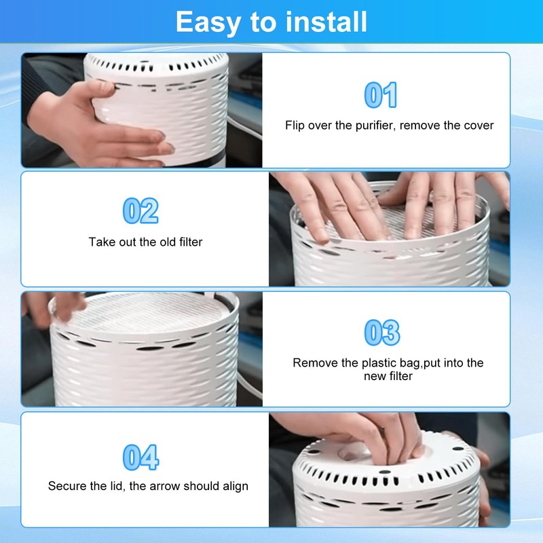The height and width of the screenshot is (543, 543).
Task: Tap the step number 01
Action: click(381, 95)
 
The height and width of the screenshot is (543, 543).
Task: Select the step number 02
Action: click(141, 211)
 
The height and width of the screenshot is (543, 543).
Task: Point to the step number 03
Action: click(382, 333)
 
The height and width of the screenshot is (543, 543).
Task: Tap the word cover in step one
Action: click(479, 126)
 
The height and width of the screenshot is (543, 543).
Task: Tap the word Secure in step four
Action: click(66, 486)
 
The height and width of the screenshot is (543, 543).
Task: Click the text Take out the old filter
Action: click(145, 242)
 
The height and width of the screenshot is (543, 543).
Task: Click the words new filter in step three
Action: click(388, 376)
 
